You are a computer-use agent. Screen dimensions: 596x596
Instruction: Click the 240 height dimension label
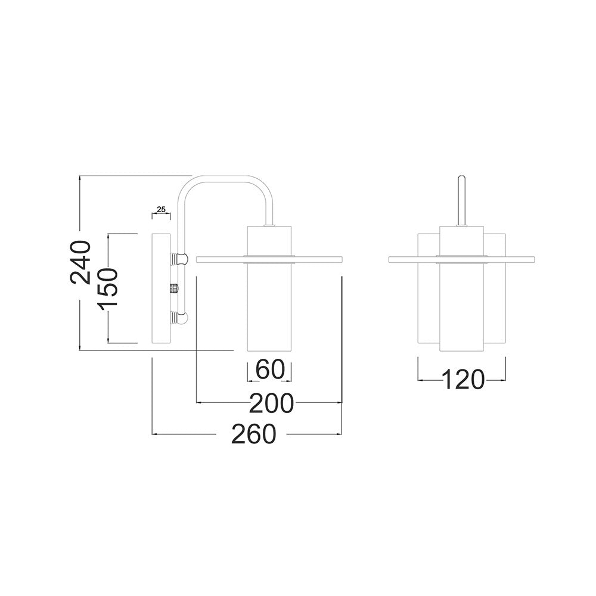[x=80, y=262]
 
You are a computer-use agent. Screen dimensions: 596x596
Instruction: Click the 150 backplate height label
[x=108, y=288]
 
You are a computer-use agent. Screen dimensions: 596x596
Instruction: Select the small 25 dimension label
[x=161, y=209]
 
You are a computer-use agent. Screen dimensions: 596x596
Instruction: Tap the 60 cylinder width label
[x=270, y=369]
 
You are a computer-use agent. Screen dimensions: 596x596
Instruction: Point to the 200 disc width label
[x=271, y=403]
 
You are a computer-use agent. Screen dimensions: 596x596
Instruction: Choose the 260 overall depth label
[x=253, y=434]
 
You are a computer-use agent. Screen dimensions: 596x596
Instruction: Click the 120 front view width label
[x=464, y=379]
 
